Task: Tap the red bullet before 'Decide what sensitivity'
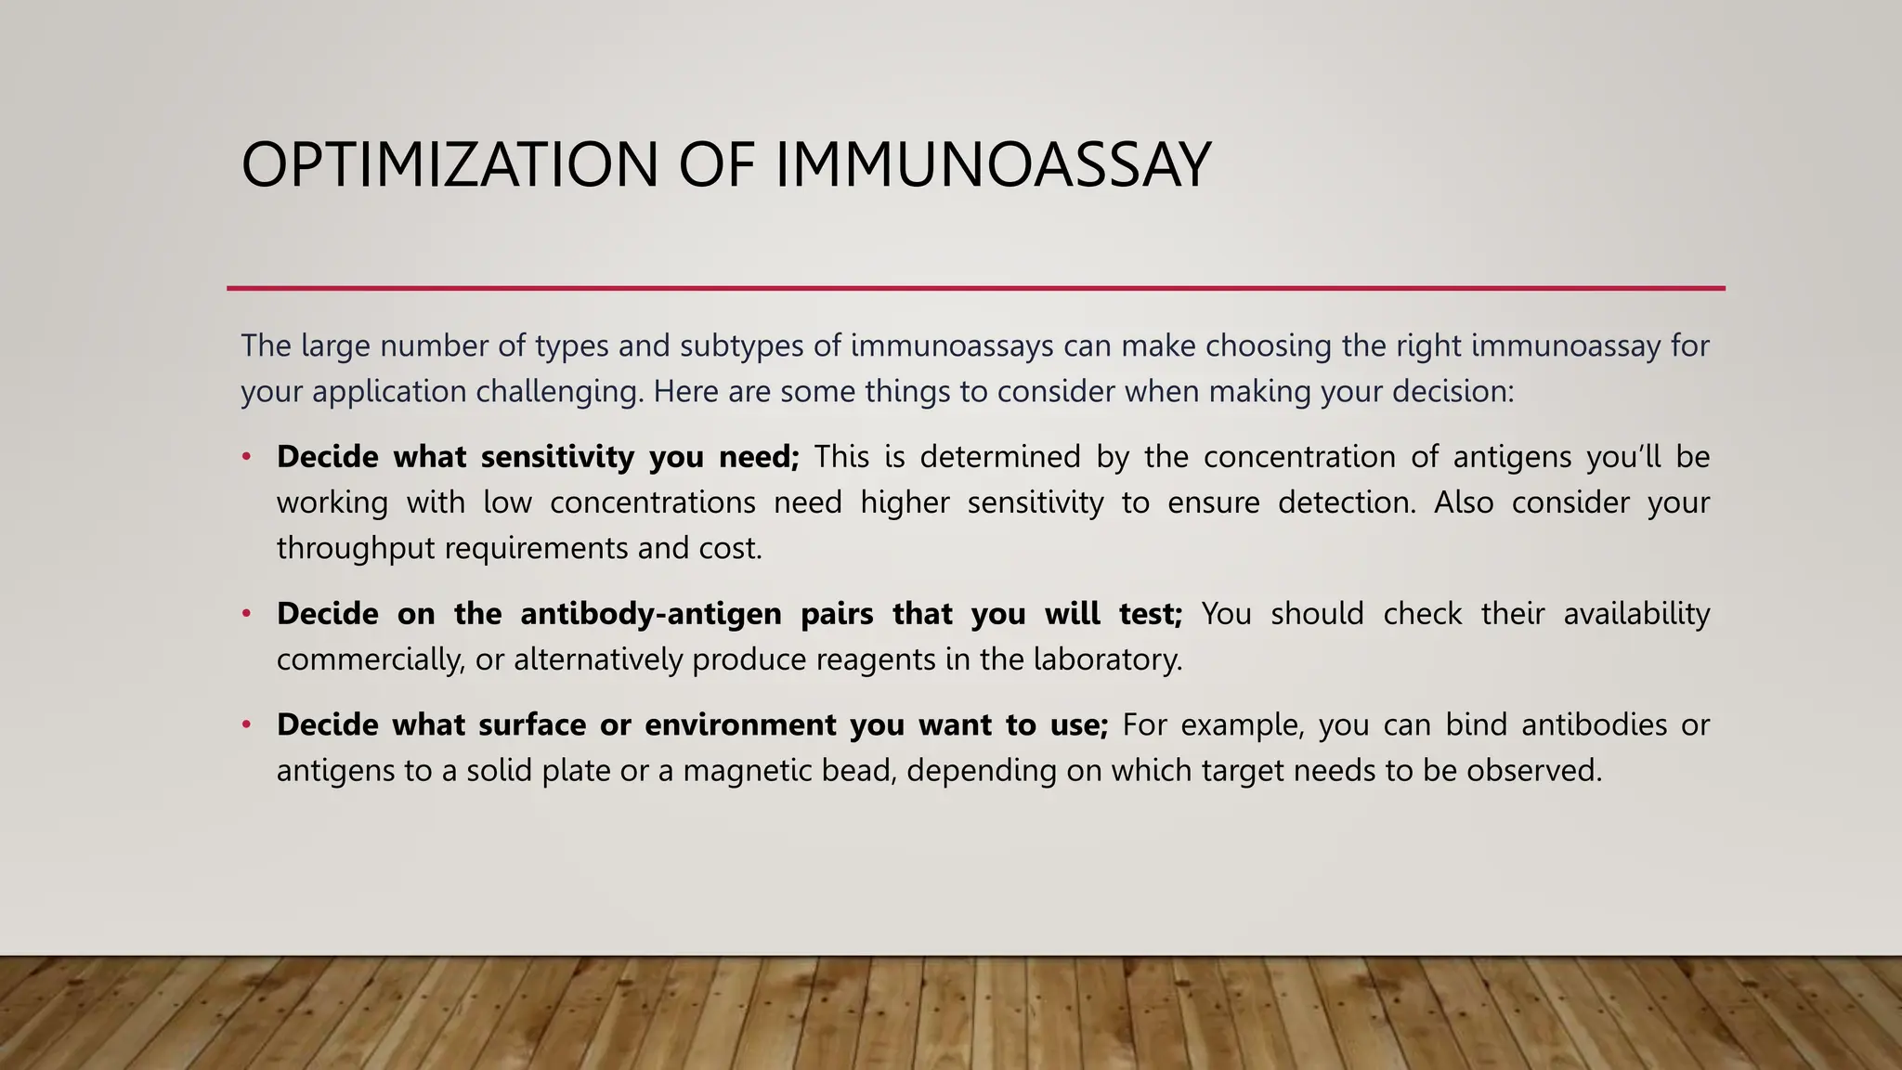[246, 456]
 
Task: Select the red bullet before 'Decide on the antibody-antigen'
[246, 613]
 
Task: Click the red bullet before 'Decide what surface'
[246, 724]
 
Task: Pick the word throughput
[356, 548]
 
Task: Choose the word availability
[1636, 614]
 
